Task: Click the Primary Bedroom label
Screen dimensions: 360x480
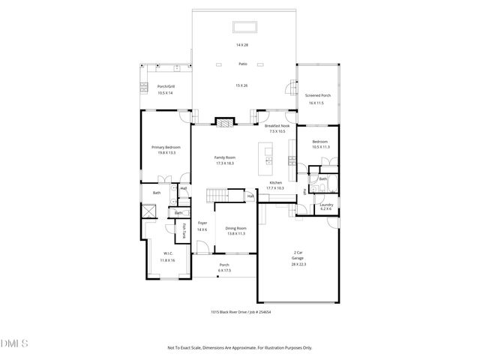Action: [166, 147]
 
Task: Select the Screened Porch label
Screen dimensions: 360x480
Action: [319, 96]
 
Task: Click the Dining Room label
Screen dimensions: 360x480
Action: [236, 228]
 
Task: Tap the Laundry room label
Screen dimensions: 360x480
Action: [326, 205]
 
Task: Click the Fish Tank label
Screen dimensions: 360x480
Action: [184, 232]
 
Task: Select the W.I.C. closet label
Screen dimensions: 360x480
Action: [168, 253]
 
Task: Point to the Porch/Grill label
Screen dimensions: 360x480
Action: [165, 87]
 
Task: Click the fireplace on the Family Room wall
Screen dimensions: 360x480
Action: [224, 121]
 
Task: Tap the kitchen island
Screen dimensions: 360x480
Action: [267, 153]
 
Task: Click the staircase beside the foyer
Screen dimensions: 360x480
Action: [217, 196]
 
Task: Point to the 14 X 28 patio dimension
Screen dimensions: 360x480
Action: [242, 45]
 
